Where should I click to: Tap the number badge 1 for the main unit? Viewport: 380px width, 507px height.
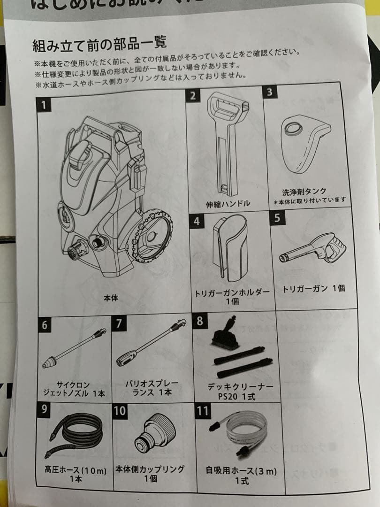pyautogui.click(x=44, y=104)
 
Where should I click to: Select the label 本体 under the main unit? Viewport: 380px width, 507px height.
pyautogui.click(x=111, y=298)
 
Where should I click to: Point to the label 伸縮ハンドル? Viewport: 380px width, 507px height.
pyautogui.click(x=228, y=204)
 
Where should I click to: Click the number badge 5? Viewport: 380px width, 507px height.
pyautogui.click(x=277, y=218)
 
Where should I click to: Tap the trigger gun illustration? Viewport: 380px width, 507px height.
pyautogui.click(x=313, y=248)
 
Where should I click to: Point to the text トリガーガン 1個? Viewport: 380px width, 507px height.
pyautogui.click(x=313, y=288)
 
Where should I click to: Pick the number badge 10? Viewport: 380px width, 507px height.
pyautogui.click(x=120, y=411)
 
